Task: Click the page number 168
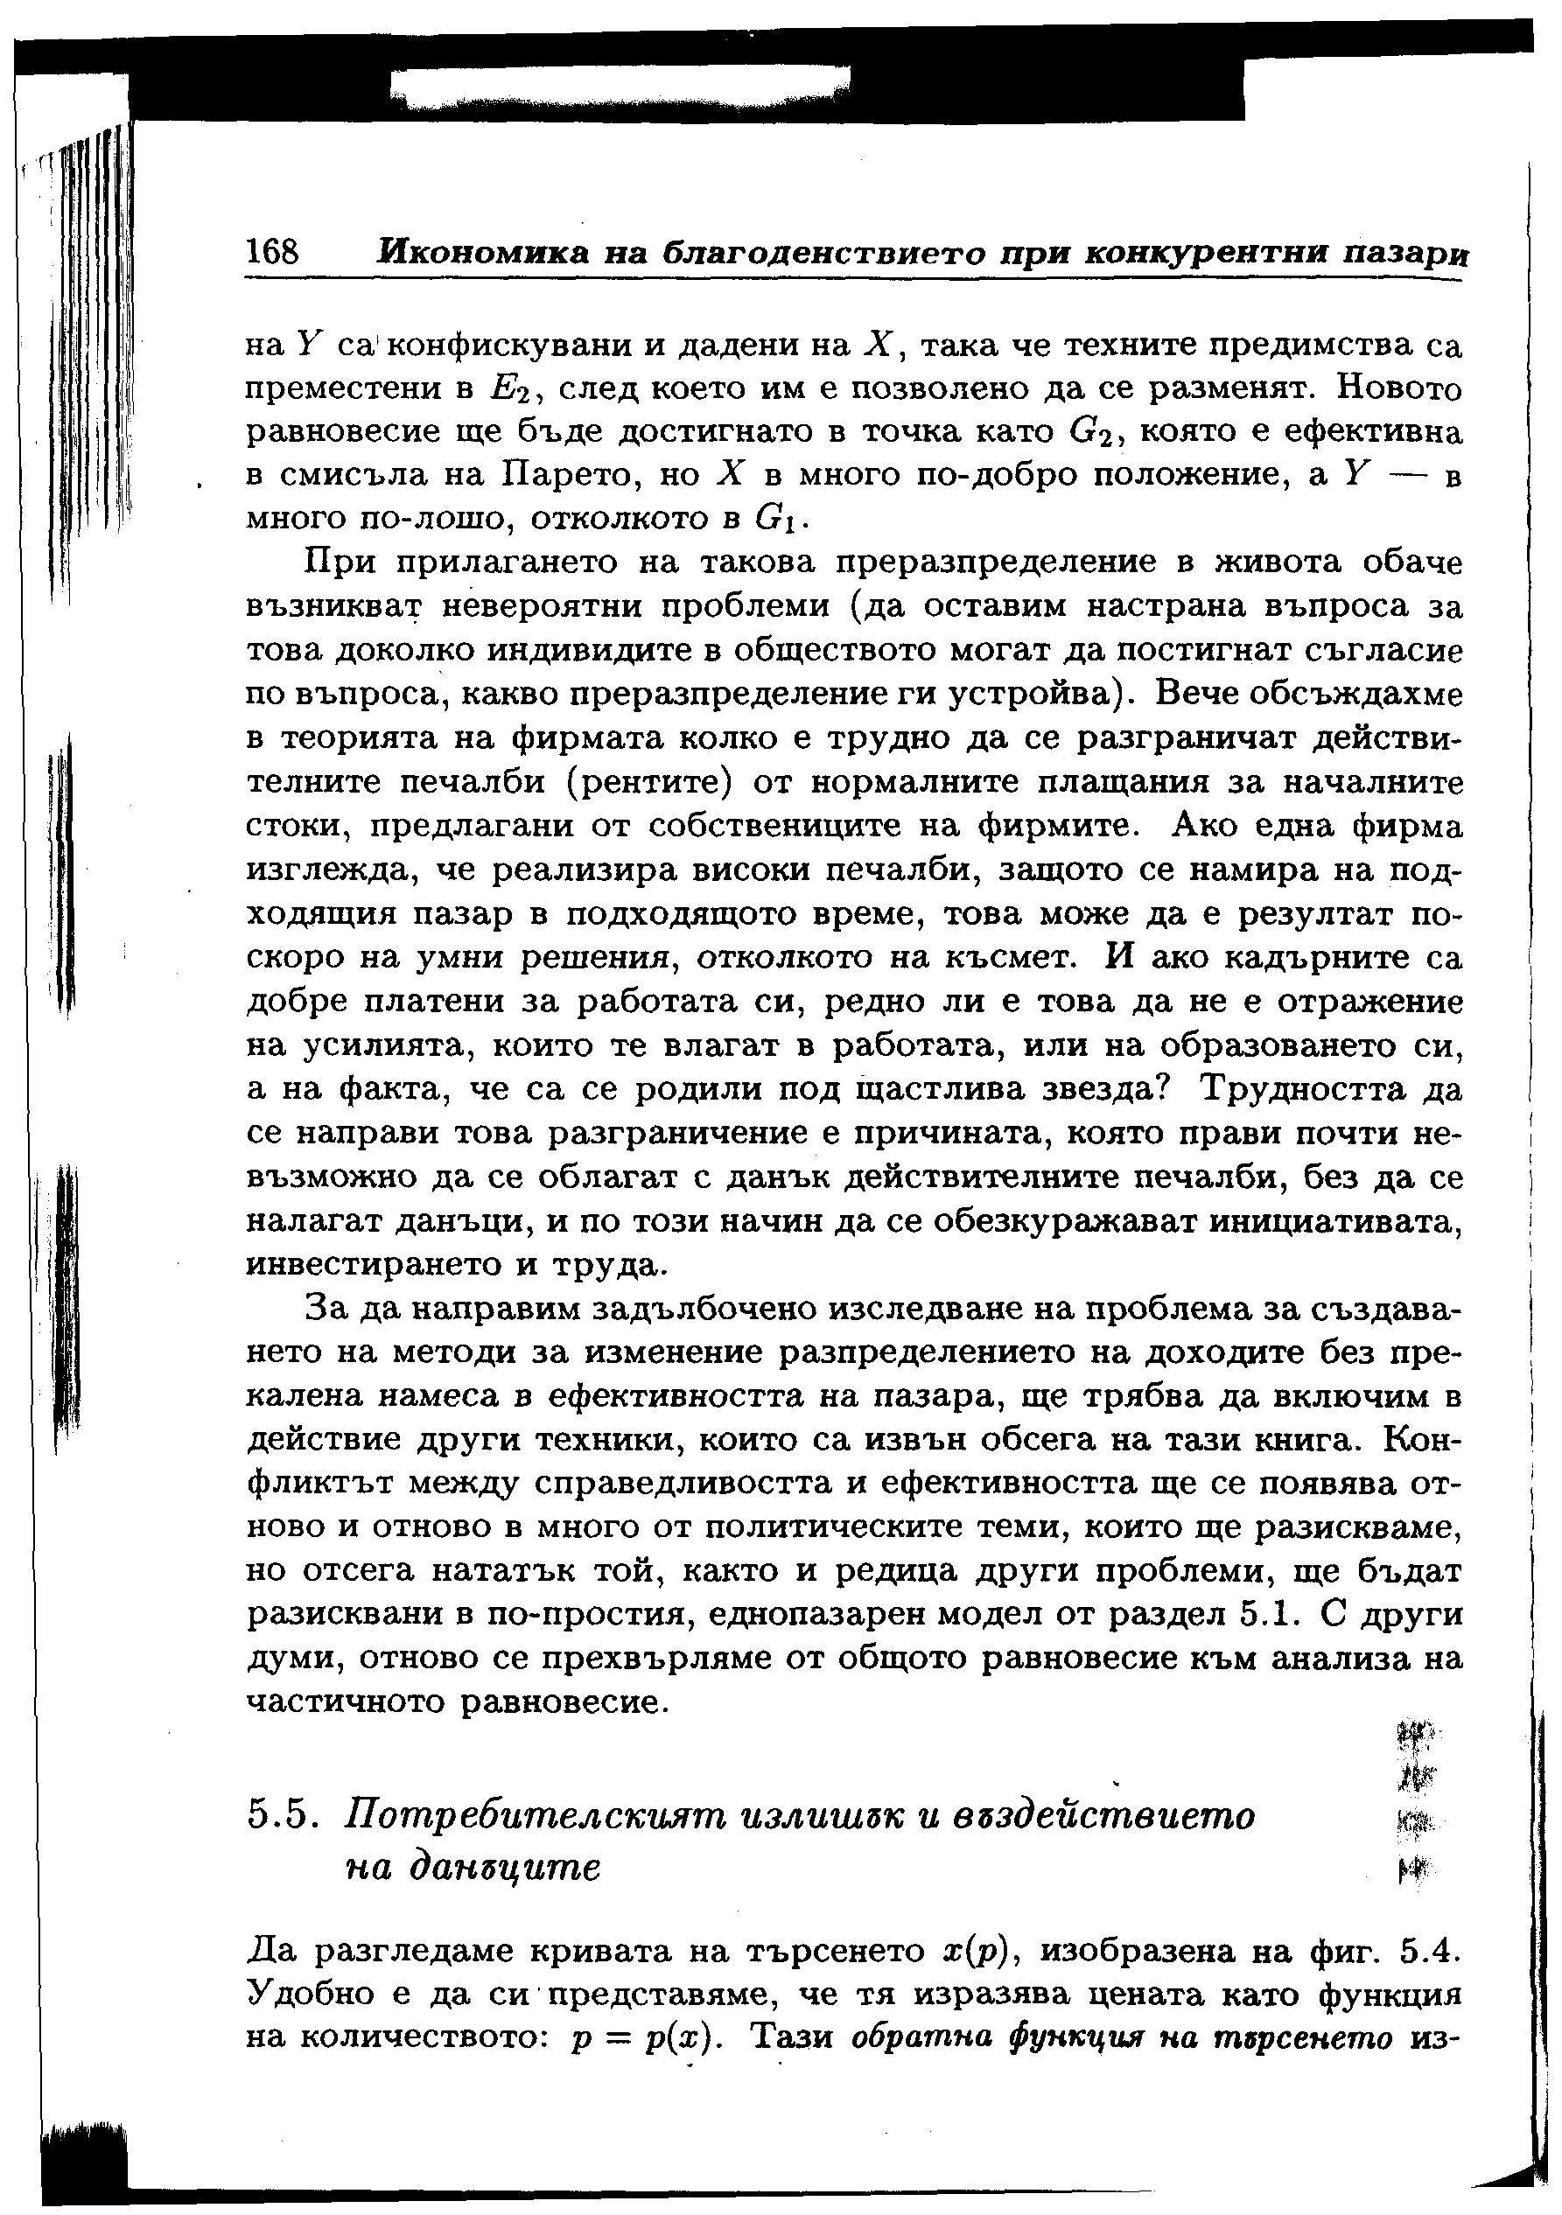click(273, 253)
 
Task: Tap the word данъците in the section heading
click(473, 1868)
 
